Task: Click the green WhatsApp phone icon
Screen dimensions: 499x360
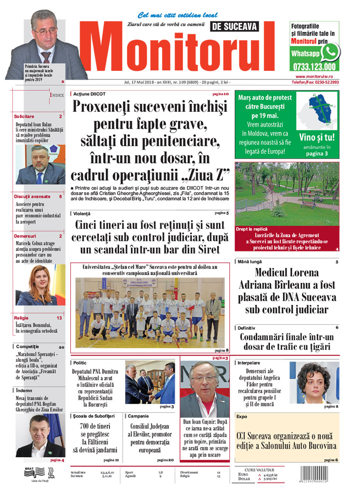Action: tap(330, 52)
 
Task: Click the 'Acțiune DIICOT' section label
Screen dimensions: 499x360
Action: tap(89, 94)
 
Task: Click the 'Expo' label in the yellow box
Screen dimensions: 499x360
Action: tap(242, 416)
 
